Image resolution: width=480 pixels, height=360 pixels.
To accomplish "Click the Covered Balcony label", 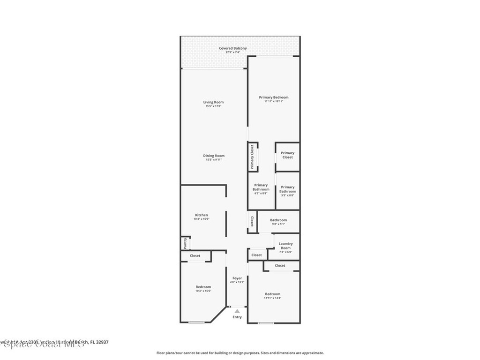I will [x=232, y=48].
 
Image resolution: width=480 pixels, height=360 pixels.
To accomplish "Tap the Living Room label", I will [x=213, y=102].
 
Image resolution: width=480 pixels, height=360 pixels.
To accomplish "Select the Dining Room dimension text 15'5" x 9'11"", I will [x=213, y=160].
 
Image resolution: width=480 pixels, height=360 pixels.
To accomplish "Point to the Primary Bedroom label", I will [x=274, y=97].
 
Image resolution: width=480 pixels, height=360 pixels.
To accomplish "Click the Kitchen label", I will [x=201, y=215].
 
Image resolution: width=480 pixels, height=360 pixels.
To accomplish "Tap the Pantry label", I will [x=185, y=243].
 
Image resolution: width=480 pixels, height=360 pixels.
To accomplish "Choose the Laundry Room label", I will [x=285, y=246].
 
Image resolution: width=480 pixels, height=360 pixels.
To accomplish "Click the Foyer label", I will [x=237, y=278].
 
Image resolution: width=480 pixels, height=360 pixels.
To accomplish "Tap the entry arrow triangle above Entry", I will [x=237, y=311].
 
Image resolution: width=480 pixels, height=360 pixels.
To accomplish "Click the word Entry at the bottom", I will [x=237, y=317].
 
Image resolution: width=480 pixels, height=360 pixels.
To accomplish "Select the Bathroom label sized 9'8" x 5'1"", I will [x=278, y=220].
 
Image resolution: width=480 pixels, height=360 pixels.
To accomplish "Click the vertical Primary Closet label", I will [x=252, y=157].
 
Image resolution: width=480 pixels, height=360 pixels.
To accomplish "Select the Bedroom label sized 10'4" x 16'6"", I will [x=203, y=287].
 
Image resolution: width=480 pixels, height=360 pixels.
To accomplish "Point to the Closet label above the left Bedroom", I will [x=195, y=255].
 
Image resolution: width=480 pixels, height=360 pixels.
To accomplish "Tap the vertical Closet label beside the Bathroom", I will [x=252, y=221].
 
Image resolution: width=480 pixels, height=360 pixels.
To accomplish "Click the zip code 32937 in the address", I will [x=102, y=342].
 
